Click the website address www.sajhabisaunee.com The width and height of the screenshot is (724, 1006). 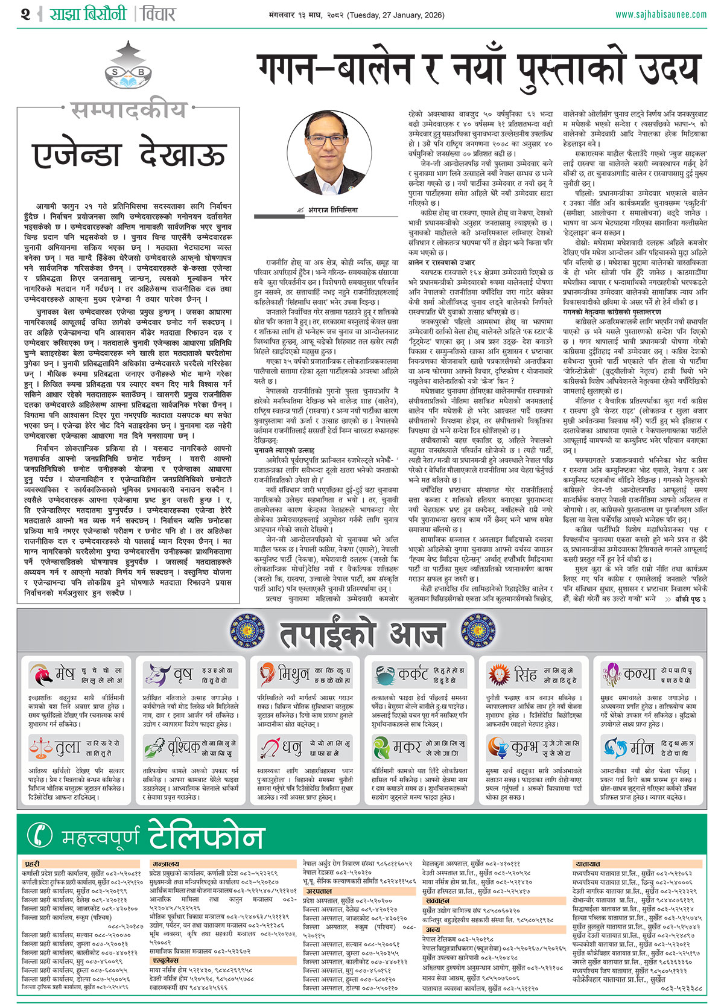point(661,14)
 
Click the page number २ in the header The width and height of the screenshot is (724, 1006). point(25,13)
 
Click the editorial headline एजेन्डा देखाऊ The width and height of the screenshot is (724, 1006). point(130,155)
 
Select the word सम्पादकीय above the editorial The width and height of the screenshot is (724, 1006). point(129,110)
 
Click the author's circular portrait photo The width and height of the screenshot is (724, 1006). point(329,152)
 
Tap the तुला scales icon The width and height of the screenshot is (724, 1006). point(40,748)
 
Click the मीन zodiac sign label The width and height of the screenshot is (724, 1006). point(641,748)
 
